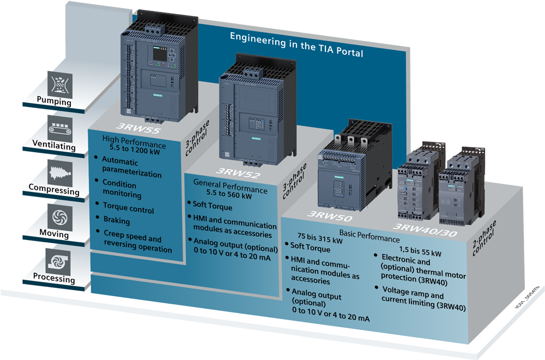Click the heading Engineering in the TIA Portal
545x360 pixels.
(x=296, y=45)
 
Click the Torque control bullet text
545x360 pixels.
(x=129, y=210)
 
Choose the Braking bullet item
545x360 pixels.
(x=117, y=221)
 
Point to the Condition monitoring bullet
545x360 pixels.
(x=123, y=189)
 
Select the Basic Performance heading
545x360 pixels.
(x=370, y=232)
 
